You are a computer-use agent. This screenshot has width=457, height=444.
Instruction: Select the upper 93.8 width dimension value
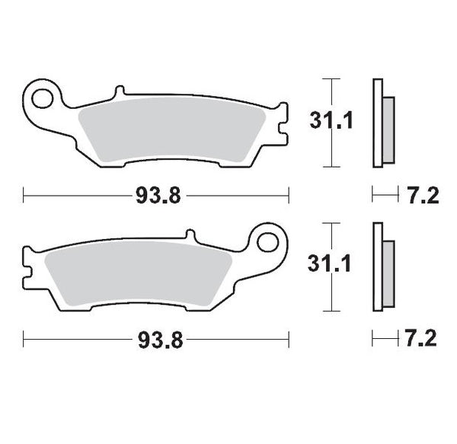point(157,196)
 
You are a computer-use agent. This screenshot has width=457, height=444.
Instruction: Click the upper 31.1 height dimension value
point(330,121)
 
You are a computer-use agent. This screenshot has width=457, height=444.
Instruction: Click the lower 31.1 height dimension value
point(330,266)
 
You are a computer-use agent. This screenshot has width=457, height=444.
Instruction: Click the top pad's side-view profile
point(377,122)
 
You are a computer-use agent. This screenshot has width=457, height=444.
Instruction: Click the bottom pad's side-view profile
point(377,267)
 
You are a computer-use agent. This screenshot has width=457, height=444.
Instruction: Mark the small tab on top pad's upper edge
point(117,92)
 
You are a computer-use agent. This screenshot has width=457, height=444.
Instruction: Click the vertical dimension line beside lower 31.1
point(329,297)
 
